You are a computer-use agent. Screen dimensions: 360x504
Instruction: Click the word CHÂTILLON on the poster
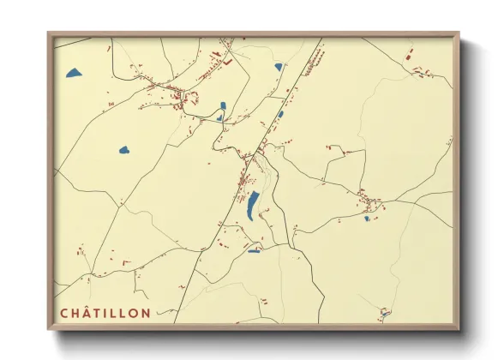pyautogui.click(x=105, y=314)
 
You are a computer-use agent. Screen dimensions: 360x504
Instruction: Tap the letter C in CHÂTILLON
pyautogui.click(x=64, y=314)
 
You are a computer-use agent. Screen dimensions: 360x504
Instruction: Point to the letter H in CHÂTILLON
pyautogui.click(x=76, y=314)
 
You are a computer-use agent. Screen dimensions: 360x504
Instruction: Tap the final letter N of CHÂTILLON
pyautogui.click(x=146, y=314)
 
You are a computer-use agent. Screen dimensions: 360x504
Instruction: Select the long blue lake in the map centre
pyautogui.click(x=254, y=206)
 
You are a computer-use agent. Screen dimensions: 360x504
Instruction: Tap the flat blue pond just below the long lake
pyautogui.click(x=254, y=250)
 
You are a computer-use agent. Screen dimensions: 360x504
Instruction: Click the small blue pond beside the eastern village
pyautogui.click(x=367, y=219)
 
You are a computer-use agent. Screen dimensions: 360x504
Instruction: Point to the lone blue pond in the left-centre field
pyautogui.click(x=124, y=150)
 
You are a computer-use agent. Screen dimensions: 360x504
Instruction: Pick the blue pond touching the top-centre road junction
pyautogui.click(x=279, y=67)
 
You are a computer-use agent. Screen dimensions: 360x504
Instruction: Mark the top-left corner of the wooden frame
pyautogui.click(x=49, y=34)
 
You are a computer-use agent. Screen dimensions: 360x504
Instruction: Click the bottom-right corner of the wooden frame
pyautogui.click(x=459, y=328)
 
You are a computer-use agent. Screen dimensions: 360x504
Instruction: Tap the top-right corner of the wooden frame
pyautogui.click(x=459, y=34)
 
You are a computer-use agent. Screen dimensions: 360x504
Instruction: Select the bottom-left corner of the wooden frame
pyautogui.click(x=49, y=328)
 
